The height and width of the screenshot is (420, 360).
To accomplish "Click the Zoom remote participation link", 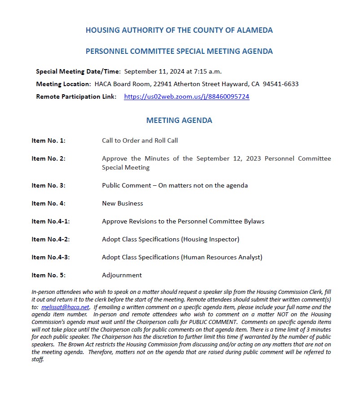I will click(x=186, y=96).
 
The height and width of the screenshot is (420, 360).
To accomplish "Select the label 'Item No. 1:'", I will click(x=48, y=140).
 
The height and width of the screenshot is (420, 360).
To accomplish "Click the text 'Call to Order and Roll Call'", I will click(x=140, y=140).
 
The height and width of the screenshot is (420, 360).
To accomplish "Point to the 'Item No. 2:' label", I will click(x=48, y=158).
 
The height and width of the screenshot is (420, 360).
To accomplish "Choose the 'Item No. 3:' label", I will click(x=48, y=185).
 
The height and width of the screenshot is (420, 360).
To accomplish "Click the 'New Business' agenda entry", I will click(x=122, y=203).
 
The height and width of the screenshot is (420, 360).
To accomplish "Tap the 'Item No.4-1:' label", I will click(x=50, y=221).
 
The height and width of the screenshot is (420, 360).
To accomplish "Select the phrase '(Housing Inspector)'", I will click(x=210, y=239).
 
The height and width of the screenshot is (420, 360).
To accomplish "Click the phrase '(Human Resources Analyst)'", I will click(x=222, y=257).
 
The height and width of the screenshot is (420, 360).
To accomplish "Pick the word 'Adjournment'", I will click(x=122, y=275).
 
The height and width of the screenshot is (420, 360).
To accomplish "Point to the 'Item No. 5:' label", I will click(x=48, y=275).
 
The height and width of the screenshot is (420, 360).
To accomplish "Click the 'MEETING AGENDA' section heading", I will click(x=179, y=120).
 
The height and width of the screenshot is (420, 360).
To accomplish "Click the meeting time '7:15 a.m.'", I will click(x=208, y=71).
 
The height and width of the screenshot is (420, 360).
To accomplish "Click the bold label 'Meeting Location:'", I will click(x=63, y=84).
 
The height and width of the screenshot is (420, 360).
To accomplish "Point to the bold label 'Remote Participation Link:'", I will click(x=76, y=96).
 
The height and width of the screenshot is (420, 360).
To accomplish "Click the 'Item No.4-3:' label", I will click(x=50, y=257).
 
